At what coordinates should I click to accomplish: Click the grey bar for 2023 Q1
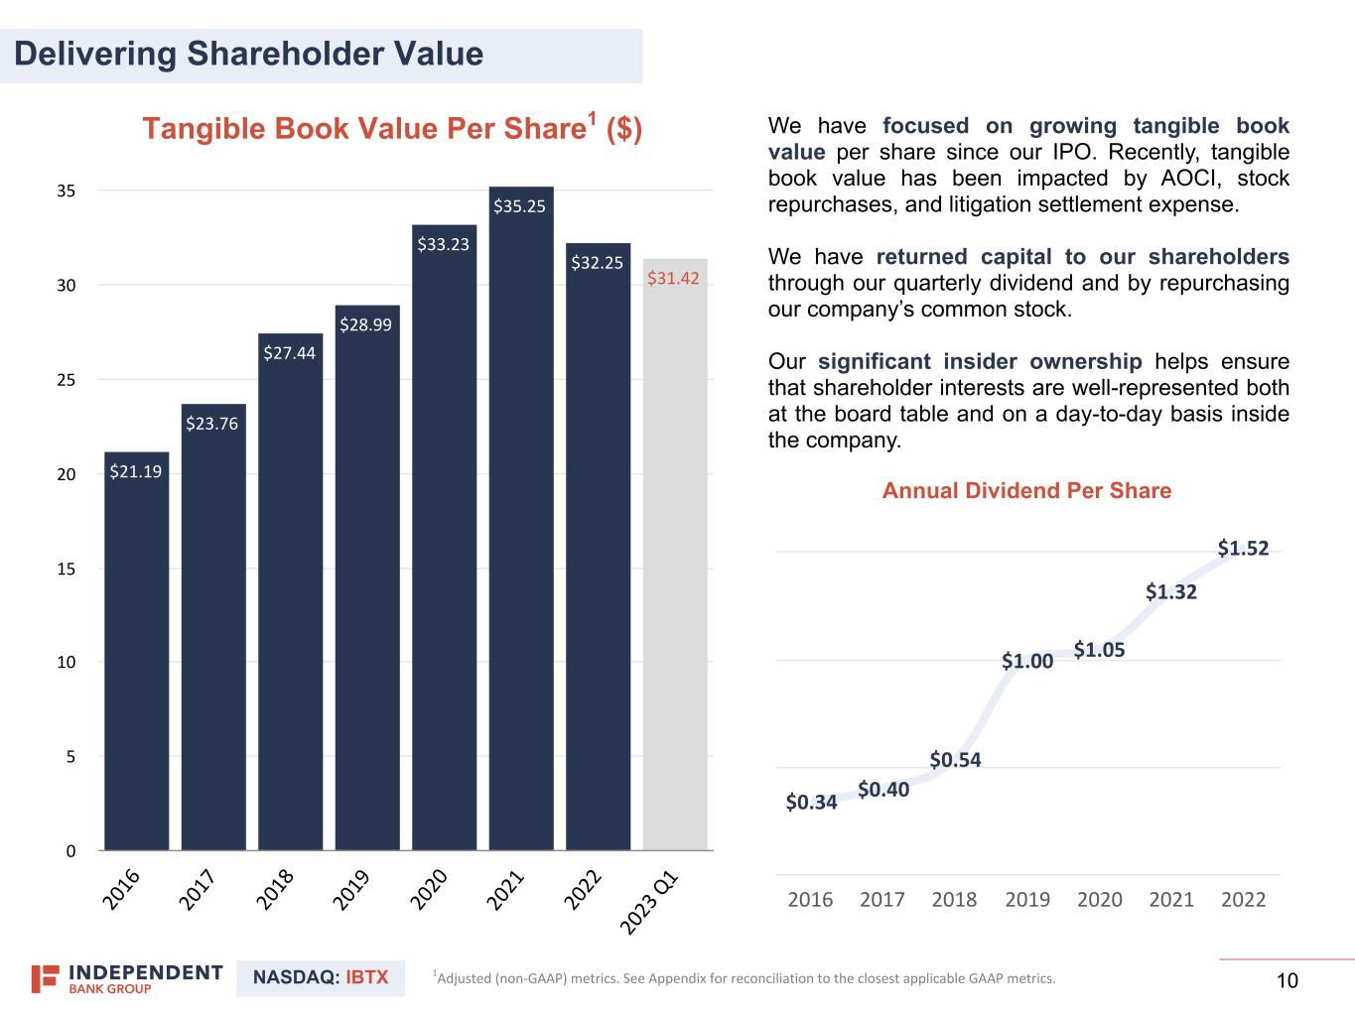click(x=675, y=556)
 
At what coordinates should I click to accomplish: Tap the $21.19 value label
click(x=135, y=471)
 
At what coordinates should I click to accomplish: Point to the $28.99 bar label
click(x=365, y=324)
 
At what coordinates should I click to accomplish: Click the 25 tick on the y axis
click(x=67, y=380)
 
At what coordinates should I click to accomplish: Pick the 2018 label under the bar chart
click(x=276, y=889)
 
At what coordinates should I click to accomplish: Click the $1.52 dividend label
click(x=1243, y=548)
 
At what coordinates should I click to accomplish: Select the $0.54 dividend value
click(x=955, y=760)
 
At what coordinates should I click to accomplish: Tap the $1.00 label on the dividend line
click(x=1026, y=661)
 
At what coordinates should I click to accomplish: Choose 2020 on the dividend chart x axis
click(x=1099, y=899)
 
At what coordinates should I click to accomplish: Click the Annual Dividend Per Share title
click(x=1026, y=491)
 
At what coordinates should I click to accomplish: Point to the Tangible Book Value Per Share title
click(x=392, y=129)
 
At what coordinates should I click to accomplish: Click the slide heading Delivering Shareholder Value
click(x=249, y=54)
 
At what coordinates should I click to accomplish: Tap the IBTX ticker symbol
click(x=366, y=977)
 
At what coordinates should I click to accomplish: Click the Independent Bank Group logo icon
click(x=45, y=978)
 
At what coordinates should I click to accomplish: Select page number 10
click(x=1287, y=981)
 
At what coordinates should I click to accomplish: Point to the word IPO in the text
click(x=1072, y=153)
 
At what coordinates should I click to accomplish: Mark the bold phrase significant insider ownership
click(x=980, y=362)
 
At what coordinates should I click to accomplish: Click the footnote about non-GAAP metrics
click(x=745, y=978)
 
